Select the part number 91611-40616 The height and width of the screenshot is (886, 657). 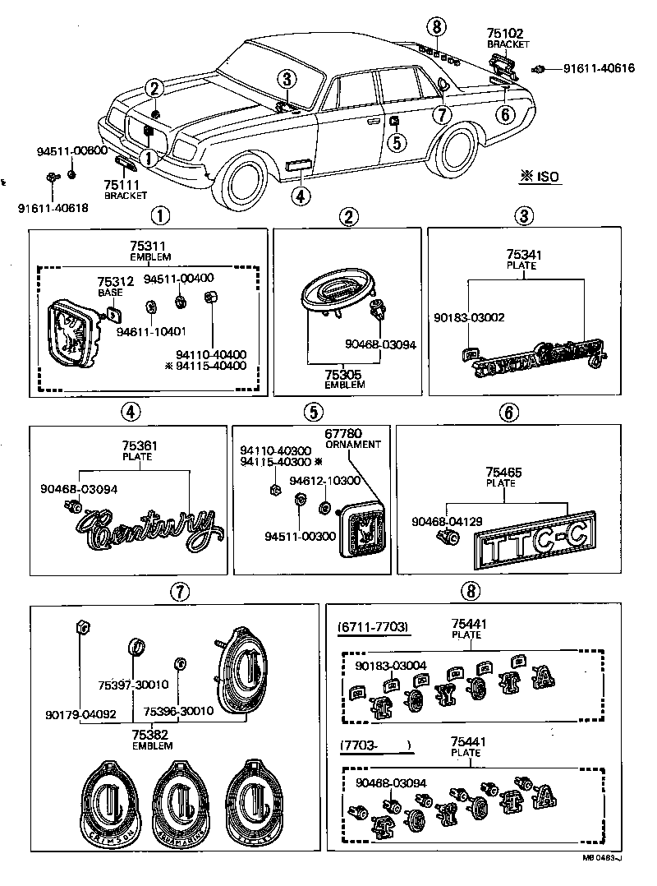click(x=599, y=68)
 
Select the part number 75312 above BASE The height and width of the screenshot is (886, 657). click(x=115, y=281)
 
